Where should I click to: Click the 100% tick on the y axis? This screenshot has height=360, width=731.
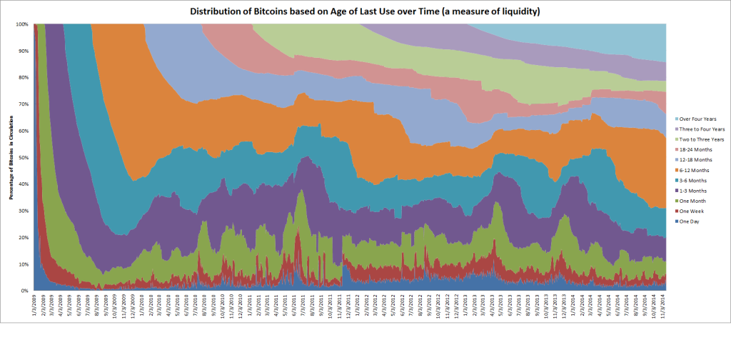click(x=21, y=24)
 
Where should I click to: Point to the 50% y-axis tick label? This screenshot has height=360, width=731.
click(x=23, y=158)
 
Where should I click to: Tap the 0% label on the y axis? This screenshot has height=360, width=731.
click(x=24, y=291)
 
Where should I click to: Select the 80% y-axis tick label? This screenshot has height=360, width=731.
click(x=23, y=78)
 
